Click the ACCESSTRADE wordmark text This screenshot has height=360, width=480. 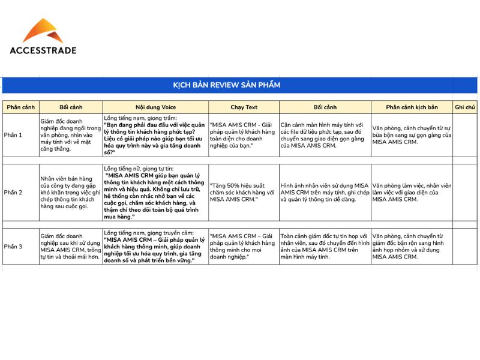pyautogui.click(x=43, y=51)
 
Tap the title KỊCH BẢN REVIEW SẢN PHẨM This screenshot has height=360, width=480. pyautogui.click(x=226, y=85)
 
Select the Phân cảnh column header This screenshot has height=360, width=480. pyautogui.click(x=20, y=107)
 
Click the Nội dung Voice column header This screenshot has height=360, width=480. pyautogui.click(x=155, y=107)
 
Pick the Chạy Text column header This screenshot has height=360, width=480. pyautogui.click(x=244, y=107)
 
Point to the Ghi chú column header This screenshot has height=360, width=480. pyautogui.click(x=465, y=107)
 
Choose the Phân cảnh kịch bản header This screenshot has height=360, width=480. pyautogui.click(x=412, y=107)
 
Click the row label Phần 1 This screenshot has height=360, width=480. pyautogui.click(x=13, y=135)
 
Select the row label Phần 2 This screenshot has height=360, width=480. pyautogui.click(x=13, y=193)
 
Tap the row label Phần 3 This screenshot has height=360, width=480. pyautogui.click(x=13, y=247)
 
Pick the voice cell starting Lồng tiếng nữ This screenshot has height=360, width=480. pyautogui.click(x=155, y=192)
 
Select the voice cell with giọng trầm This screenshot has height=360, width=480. pyautogui.click(x=155, y=135)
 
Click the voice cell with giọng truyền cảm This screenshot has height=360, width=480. pyautogui.click(x=155, y=247)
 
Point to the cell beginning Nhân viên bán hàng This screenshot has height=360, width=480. pyautogui.click(x=71, y=192)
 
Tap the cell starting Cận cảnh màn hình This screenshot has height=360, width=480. pyautogui.click(x=325, y=135)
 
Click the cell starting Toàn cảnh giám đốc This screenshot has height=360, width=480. pyautogui.click(x=325, y=247)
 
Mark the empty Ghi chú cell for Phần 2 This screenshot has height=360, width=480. pyautogui.click(x=465, y=192)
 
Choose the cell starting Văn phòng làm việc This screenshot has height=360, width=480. pyautogui.click(x=412, y=192)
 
